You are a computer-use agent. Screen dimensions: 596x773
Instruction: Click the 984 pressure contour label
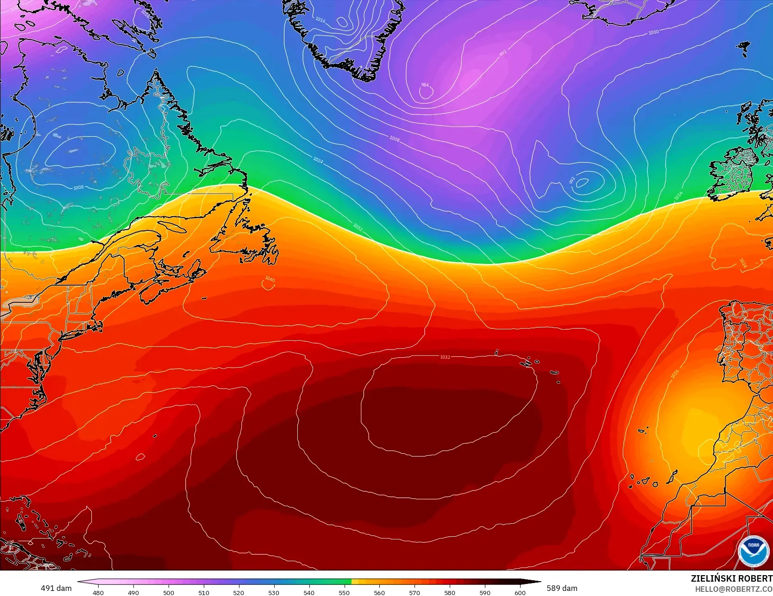pyautogui.click(x=425, y=85)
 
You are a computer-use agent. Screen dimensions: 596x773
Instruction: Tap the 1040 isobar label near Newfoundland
pyautogui.click(x=270, y=279)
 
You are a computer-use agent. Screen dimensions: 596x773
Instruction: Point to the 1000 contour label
pyautogui.click(x=653, y=32)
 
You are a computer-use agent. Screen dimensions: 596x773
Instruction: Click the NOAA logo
pyautogui.click(x=753, y=551)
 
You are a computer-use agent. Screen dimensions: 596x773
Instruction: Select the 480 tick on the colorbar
pyautogui.click(x=98, y=592)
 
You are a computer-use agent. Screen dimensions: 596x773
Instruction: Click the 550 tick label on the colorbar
pyautogui.click(x=344, y=592)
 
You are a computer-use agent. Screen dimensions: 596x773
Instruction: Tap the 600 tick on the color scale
pyautogui.click(x=520, y=592)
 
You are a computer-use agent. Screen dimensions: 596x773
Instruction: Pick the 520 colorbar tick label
pyautogui.click(x=239, y=592)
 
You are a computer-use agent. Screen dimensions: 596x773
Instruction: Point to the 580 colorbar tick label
pyautogui.click(x=449, y=592)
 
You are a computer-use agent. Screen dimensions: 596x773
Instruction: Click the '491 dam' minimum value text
pyautogui.click(x=56, y=588)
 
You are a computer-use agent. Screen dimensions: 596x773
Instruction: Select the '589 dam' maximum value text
pyautogui.click(x=562, y=588)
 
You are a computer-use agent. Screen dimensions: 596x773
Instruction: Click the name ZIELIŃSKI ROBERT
pyautogui.click(x=731, y=578)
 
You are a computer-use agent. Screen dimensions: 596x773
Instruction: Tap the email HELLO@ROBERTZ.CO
pyautogui.click(x=734, y=589)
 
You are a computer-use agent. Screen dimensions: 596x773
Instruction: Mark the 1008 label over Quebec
pyautogui.click(x=78, y=188)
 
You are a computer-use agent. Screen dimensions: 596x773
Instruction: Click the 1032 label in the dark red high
pyautogui.click(x=445, y=357)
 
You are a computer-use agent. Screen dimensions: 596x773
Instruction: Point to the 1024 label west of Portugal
pyautogui.click(x=743, y=263)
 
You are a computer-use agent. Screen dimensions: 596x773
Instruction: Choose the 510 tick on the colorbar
pyautogui.click(x=204, y=592)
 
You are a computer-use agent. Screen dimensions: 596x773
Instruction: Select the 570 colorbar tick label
pyautogui.click(x=414, y=592)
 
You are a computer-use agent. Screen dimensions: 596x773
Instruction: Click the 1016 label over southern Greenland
pyautogui.click(x=320, y=20)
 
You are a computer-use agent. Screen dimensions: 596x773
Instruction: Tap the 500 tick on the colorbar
pyautogui.click(x=169, y=592)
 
